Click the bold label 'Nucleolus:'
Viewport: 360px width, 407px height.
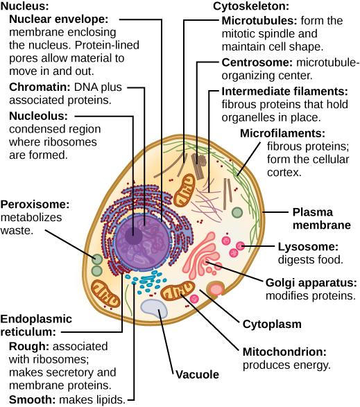pyautogui.click(x=39, y=115)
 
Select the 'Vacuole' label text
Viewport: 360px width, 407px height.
pyautogui.click(x=196, y=374)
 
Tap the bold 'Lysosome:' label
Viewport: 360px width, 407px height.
pyautogui.click(x=307, y=247)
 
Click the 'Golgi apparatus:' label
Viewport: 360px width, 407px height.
pyautogui.click(x=311, y=282)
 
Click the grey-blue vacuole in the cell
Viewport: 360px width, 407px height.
pyautogui.click(x=153, y=309)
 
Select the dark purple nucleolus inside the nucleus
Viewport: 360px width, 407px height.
pyautogui.click(x=133, y=236)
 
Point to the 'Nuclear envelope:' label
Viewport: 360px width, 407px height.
pyautogui.click(x=54, y=19)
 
